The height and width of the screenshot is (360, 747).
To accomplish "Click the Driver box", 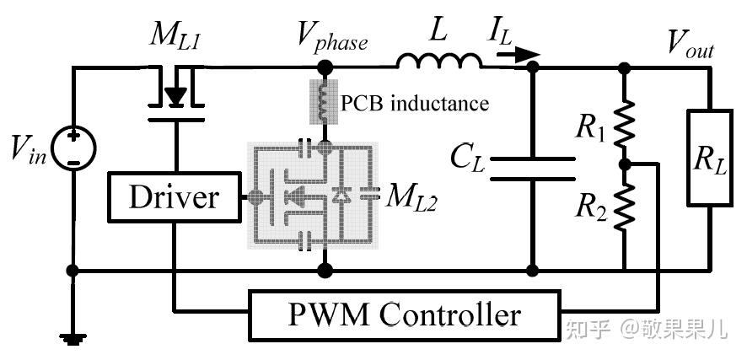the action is coord(174,197).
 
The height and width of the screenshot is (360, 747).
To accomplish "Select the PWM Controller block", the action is coord(404,314).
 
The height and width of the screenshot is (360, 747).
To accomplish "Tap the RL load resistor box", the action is coord(710,158).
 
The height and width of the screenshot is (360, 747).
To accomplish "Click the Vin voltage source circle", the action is coord(73,149).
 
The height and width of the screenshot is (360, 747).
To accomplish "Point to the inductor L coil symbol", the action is coord(439,62).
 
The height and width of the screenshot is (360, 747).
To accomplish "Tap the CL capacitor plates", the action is coord(533,169).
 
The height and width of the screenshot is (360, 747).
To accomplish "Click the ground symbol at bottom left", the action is coord(73,339).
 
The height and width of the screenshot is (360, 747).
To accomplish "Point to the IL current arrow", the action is coord(519,56).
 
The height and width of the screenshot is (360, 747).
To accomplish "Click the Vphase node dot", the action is coord(325,67).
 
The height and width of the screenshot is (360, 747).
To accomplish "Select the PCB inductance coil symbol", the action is coord(324,102).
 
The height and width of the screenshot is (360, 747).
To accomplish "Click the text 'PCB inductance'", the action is coord(415,104).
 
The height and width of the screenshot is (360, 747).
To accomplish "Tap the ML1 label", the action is coord(175,36).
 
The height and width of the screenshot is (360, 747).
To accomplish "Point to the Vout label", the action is coord(691,45).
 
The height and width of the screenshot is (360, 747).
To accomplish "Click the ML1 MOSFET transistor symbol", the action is coord(176,95).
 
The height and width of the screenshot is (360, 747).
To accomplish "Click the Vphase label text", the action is coord(333,38).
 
